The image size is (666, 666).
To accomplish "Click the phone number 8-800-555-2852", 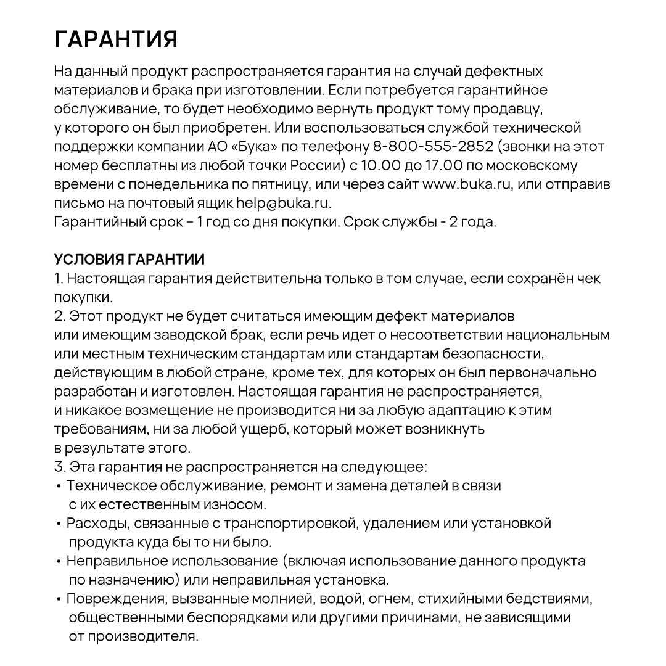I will click(x=433, y=147).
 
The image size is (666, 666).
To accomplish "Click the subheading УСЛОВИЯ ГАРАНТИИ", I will click(x=129, y=260).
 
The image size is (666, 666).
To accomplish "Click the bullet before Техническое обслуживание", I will click(x=59, y=487).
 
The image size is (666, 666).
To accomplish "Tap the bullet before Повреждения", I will click(x=59, y=599).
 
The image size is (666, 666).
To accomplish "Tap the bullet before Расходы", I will click(x=59, y=524).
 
